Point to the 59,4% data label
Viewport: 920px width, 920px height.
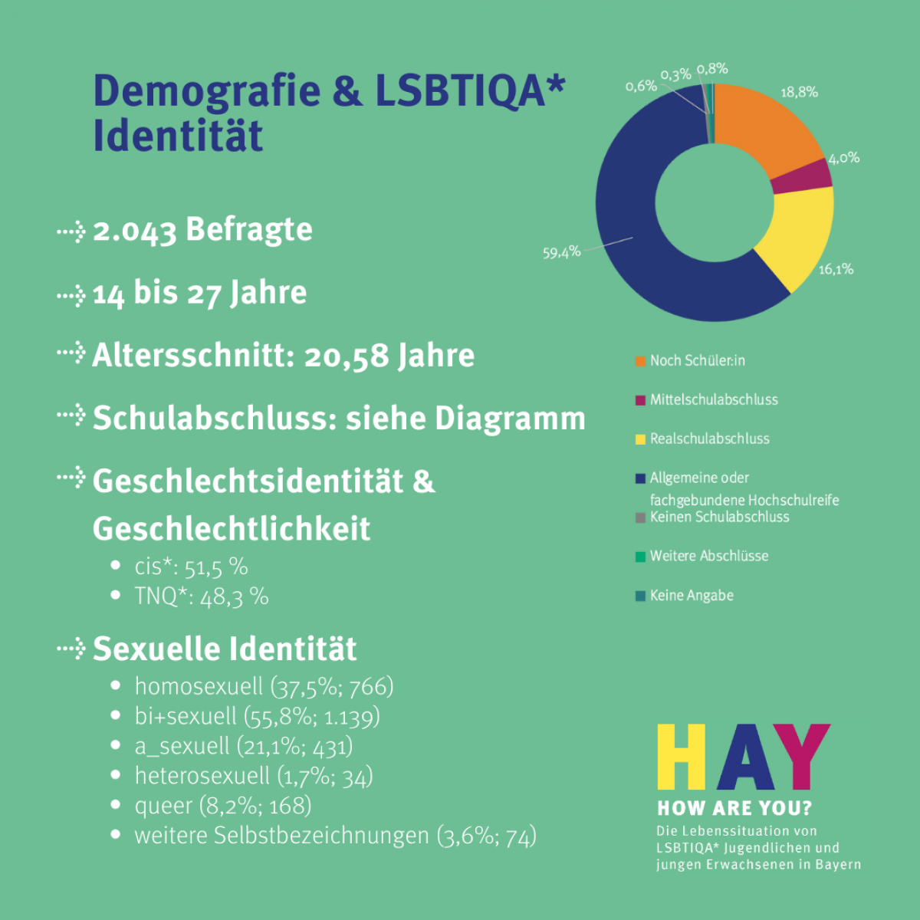pos(561,251)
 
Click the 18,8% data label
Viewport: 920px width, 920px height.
pos(799,92)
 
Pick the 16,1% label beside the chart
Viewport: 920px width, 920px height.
pos(836,269)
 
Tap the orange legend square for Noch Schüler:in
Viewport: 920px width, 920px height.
pos(640,361)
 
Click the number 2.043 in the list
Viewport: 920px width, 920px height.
pos(135,231)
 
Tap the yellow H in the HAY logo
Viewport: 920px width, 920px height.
pos(682,757)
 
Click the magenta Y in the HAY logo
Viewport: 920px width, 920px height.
pos(802,757)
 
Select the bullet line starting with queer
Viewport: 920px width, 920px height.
pos(223,806)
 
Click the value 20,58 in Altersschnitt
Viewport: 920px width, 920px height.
pos(347,356)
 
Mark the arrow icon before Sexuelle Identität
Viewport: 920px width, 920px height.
pos(71,649)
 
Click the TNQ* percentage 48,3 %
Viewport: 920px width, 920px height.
pos(234,596)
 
